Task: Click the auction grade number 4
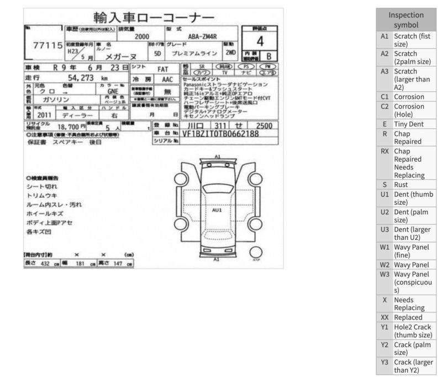point(259,42)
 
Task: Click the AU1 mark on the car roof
point(217,210)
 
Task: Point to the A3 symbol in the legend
point(385,71)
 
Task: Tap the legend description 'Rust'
point(401,184)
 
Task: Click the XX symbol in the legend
point(385,317)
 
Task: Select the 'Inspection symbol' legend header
point(406,20)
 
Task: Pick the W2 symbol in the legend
point(385,265)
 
